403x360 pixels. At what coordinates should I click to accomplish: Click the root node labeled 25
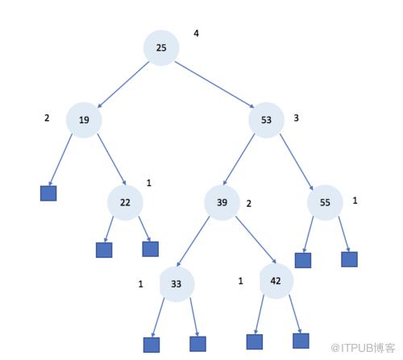161,48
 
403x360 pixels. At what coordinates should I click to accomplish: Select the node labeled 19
84,120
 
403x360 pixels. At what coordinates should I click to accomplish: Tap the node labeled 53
266,120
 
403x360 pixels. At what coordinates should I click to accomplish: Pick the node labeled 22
125,202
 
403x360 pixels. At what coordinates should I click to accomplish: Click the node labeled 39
222,202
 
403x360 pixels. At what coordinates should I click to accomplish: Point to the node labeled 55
325,202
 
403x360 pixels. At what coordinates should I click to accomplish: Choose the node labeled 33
177,284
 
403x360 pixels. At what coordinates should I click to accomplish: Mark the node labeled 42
276,281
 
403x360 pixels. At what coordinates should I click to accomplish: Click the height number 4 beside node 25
197,33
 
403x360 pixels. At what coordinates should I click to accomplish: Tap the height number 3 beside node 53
296,118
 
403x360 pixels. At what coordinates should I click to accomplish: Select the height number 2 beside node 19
47,118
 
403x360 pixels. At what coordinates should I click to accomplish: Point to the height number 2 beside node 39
249,204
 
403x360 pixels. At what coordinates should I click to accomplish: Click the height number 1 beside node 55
355,201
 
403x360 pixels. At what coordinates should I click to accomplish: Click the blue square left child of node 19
48,193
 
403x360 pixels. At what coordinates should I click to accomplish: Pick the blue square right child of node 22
151,249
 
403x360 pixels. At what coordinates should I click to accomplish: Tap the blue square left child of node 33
152,345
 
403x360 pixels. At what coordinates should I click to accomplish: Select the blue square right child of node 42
301,341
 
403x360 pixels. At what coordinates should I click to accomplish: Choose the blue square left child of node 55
303,260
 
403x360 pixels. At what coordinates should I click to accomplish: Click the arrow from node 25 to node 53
214,85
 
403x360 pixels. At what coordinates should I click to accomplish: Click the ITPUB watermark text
363,348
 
